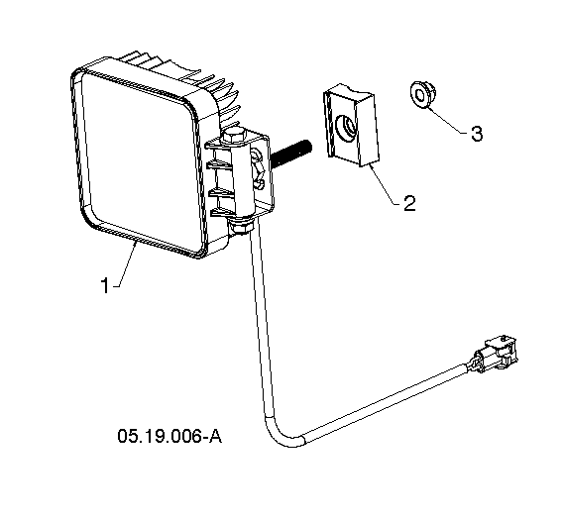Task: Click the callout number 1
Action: point(105,285)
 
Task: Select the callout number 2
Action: point(409,203)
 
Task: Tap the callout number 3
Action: point(477,134)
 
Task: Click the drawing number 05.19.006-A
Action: point(169,436)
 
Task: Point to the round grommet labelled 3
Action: point(422,94)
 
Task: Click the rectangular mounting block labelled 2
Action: point(352,126)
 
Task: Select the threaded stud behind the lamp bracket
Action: point(291,153)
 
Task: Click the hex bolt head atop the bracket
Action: point(233,138)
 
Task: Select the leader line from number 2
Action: point(384,185)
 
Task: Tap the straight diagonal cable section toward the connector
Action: point(386,402)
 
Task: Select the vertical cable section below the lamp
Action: point(260,323)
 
